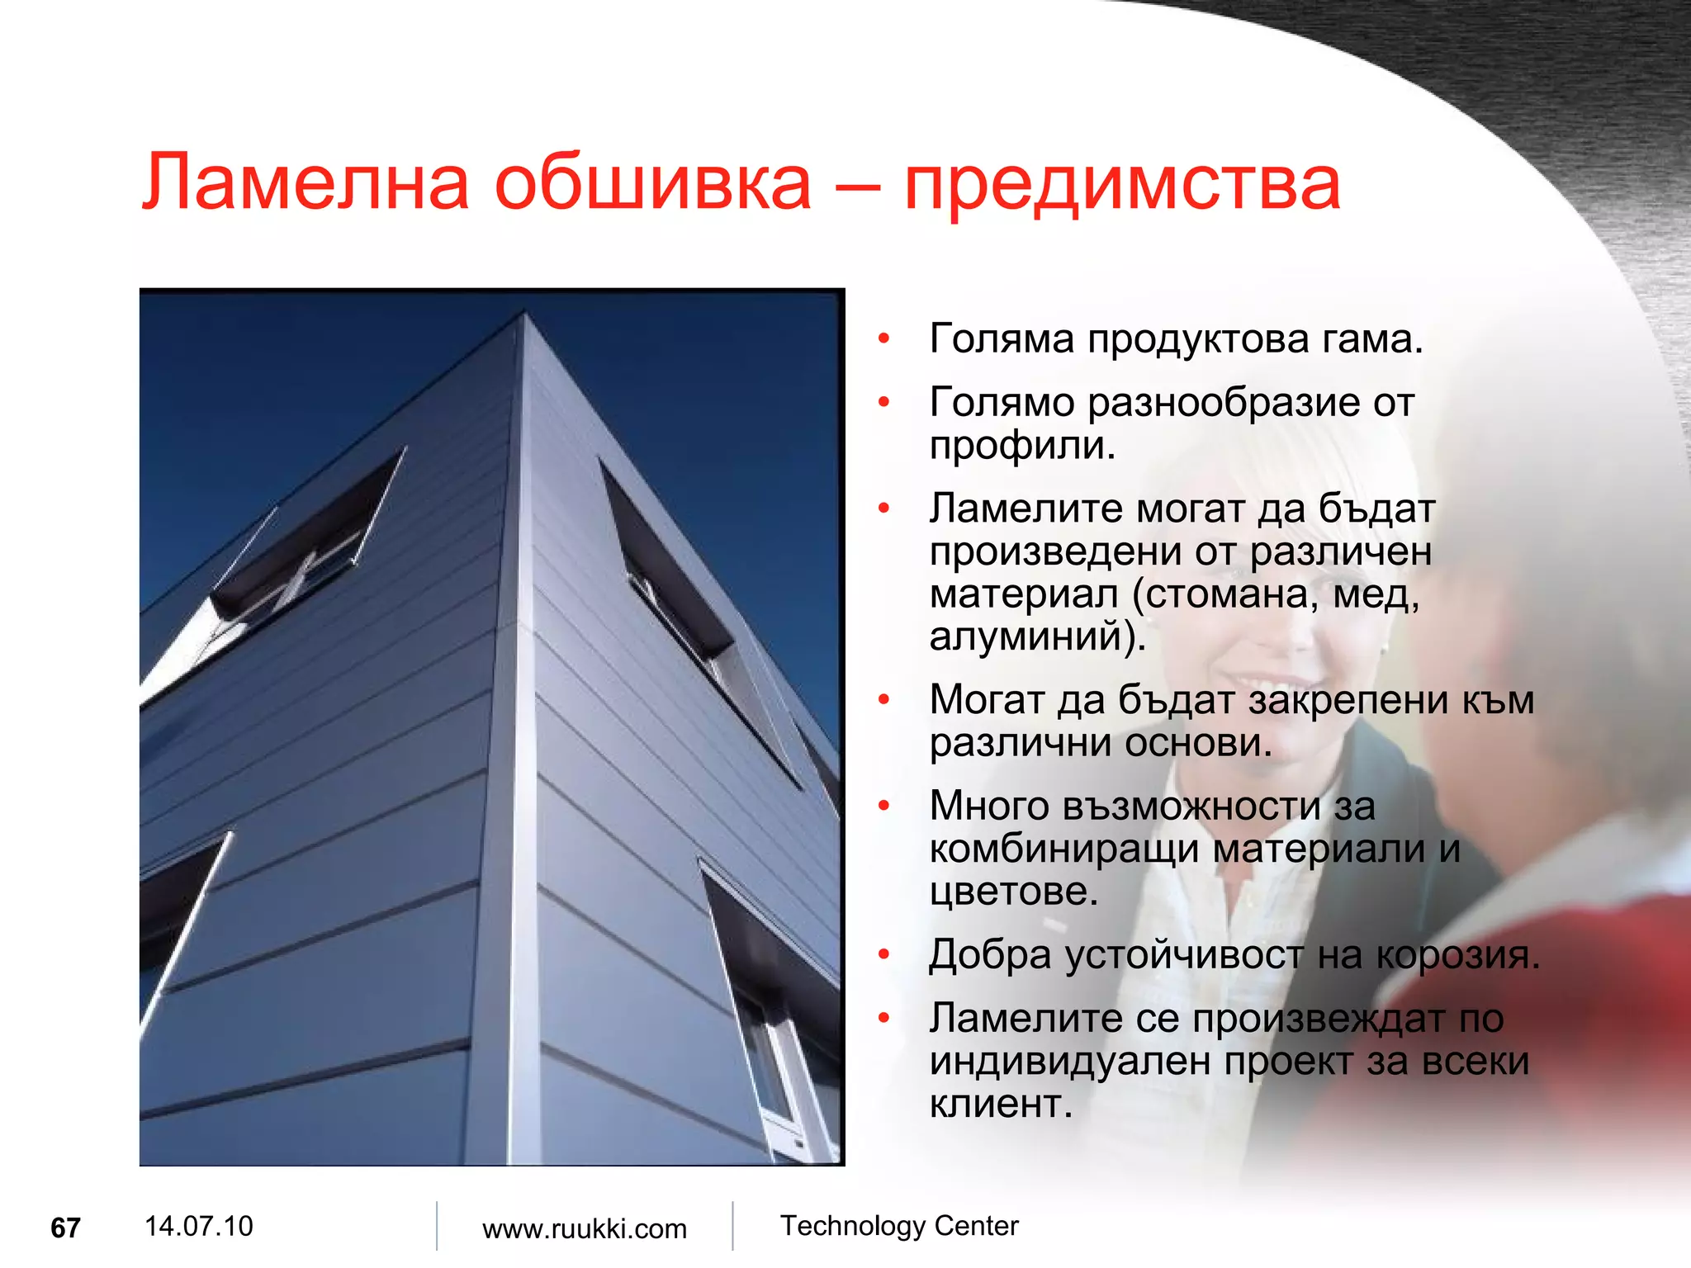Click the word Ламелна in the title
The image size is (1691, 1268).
coord(306,183)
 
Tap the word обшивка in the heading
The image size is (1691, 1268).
coord(652,183)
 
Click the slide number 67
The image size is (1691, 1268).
coord(65,1228)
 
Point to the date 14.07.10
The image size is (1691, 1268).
coord(198,1226)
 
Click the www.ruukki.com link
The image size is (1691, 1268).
coord(584,1228)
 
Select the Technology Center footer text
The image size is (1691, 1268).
coord(899,1226)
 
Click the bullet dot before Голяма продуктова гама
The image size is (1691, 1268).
coord(883,339)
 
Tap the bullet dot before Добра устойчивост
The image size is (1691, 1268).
coord(883,955)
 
